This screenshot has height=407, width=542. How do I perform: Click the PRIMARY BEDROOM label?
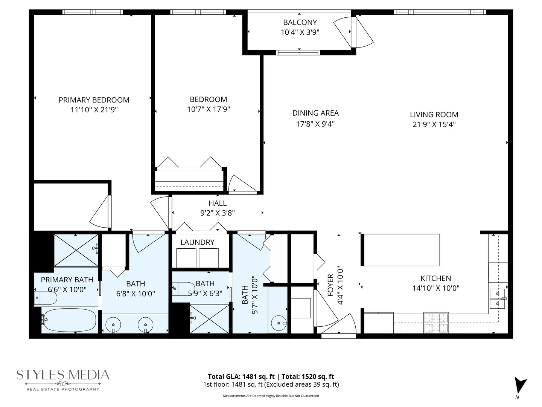[94, 100]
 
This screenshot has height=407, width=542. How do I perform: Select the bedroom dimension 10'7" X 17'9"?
[208, 109]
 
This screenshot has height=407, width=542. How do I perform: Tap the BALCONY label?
[300, 22]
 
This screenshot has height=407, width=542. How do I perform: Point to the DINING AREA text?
[315, 113]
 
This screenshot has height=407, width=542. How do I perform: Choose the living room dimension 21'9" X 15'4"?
[434, 124]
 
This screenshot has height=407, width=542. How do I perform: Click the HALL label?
[218, 203]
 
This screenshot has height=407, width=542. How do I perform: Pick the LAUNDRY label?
[197, 242]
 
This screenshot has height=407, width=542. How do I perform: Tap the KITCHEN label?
[435, 278]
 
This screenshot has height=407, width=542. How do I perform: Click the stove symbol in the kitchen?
[436, 323]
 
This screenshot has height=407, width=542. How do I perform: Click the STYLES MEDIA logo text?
[63, 375]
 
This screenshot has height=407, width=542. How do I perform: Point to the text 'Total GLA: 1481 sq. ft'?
[241, 376]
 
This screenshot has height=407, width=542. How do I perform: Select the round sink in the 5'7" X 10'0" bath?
[279, 323]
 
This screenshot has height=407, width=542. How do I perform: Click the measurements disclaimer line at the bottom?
[271, 396]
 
